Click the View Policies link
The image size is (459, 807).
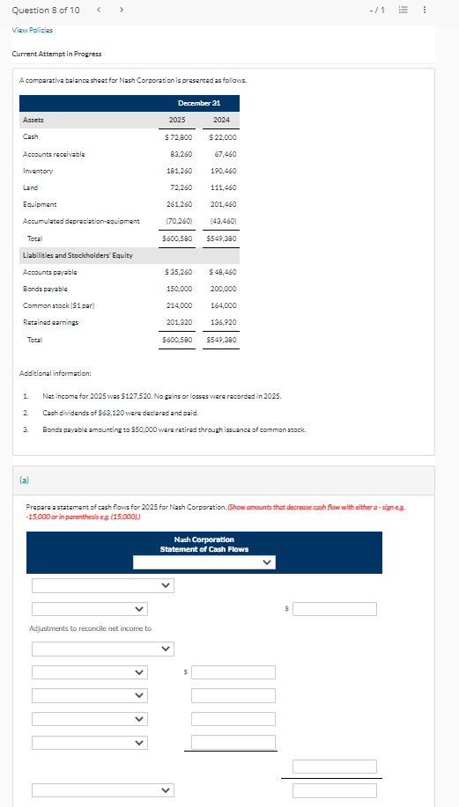point(27,28)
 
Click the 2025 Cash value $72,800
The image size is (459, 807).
point(180,137)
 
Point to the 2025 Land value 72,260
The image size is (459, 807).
point(181,187)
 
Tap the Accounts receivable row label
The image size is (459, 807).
point(54,154)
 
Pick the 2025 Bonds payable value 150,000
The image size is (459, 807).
point(180,289)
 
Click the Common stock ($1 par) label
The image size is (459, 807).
point(58,305)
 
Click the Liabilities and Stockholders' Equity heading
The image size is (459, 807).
point(78,255)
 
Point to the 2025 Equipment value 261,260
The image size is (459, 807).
point(180,204)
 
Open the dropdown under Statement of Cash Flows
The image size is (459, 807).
point(204,562)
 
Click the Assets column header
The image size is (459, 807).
point(33,121)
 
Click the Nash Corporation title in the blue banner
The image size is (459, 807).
point(204,539)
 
